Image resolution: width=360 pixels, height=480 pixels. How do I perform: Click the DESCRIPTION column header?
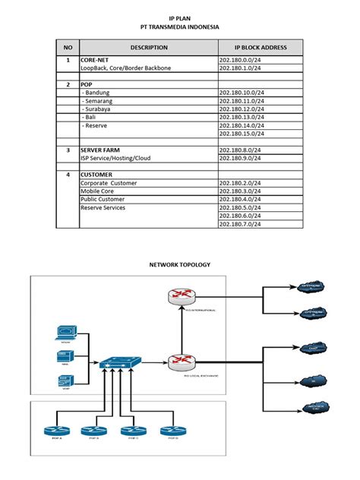pyautogui.click(x=148, y=48)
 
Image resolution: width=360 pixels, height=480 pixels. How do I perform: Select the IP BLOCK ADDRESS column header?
pyautogui.click(x=260, y=48)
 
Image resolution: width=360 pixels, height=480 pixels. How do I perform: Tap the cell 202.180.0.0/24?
pyautogui.click(x=239, y=59)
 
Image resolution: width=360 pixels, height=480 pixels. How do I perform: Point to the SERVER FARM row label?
pyautogui.click(x=102, y=150)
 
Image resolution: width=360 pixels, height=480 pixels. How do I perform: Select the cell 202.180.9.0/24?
pyautogui.click(x=239, y=159)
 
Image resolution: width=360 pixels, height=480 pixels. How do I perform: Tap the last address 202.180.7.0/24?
pyautogui.click(x=239, y=224)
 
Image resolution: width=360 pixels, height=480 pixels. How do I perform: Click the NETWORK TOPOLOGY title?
pyautogui.click(x=180, y=264)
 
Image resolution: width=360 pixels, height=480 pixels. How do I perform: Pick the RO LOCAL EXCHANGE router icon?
pyautogui.click(x=182, y=362)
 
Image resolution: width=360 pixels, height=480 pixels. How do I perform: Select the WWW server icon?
pyautogui.click(x=66, y=333)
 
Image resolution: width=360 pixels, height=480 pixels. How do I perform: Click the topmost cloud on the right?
pyautogui.click(x=311, y=286)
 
